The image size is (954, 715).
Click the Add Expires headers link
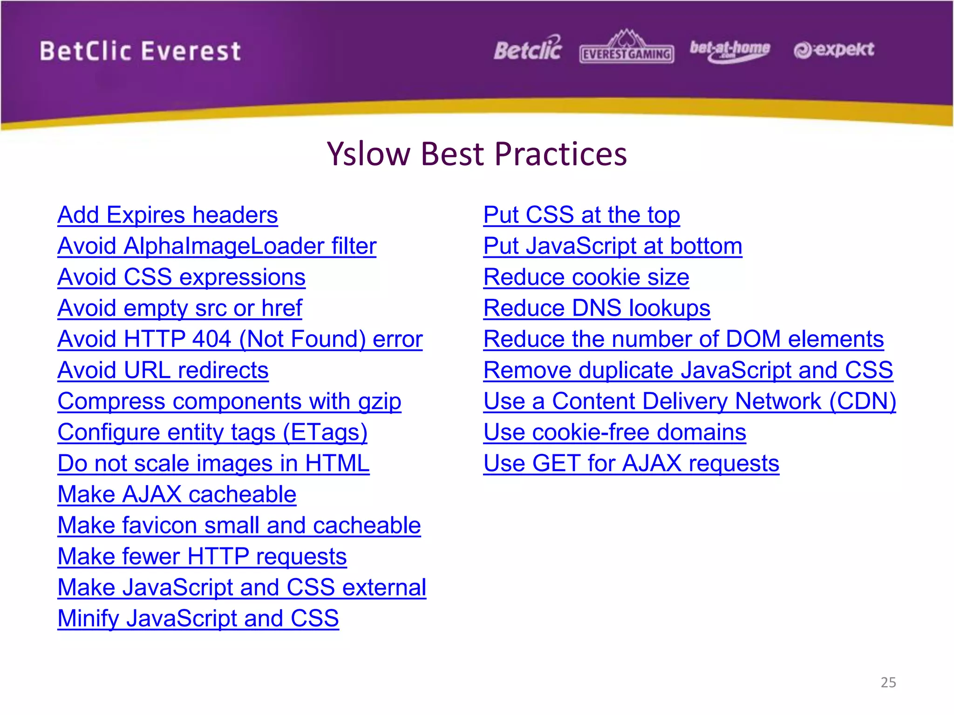[x=168, y=216]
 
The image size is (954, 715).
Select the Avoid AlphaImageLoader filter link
[x=217, y=246]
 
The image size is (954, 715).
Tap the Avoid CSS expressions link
[x=181, y=277]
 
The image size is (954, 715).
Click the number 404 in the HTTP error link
[x=211, y=339]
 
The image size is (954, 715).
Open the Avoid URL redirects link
[x=163, y=371]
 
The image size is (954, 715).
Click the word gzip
[x=379, y=402]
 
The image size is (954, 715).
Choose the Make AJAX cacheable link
[x=177, y=494]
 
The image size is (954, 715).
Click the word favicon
[x=160, y=526]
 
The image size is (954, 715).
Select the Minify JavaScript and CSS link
[x=198, y=619]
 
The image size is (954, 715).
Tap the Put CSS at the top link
[x=581, y=216]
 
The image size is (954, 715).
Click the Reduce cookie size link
[x=586, y=277]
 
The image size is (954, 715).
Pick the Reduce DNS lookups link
[x=596, y=308]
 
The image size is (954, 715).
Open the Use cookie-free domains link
[x=614, y=432]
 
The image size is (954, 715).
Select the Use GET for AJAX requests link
[x=631, y=464]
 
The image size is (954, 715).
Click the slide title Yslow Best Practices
[x=477, y=154]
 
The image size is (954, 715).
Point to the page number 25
[x=888, y=682]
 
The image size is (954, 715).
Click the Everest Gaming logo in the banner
[x=627, y=48]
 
